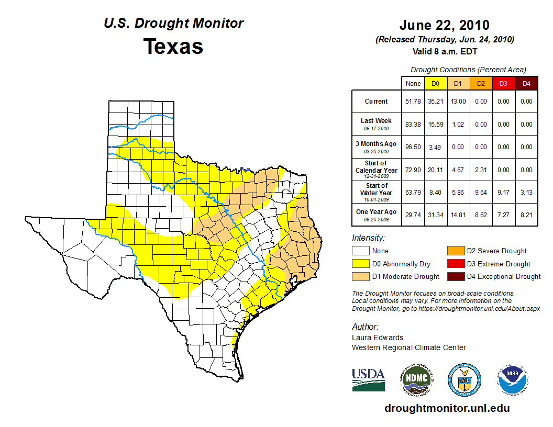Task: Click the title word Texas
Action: point(173,46)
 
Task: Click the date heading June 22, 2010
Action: point(444,25)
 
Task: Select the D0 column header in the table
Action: point(435,83)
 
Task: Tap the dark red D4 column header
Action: point(526,83)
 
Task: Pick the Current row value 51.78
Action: point(413,102)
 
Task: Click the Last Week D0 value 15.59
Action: point(435,125)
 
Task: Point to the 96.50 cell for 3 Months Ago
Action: point(413,147)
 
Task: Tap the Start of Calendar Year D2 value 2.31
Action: point(481,170)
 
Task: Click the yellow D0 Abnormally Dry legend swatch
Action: point(360,264)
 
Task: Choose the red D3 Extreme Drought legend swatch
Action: point(455,264)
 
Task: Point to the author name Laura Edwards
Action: point(377,338)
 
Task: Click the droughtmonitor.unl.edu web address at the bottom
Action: point(447,408)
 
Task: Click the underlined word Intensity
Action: point(368,238)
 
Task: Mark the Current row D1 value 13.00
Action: point(458,102)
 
